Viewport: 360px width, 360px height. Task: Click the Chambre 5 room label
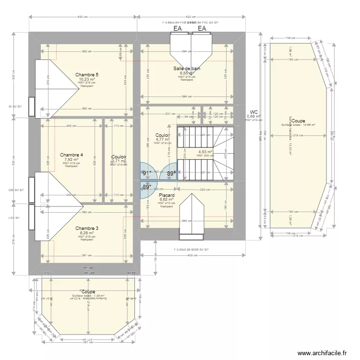tap(87, 75)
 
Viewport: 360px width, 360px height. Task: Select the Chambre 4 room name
tap(72, 155)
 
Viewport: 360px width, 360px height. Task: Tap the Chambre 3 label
tap(87, 228)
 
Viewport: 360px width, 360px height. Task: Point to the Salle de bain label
tap(187, 69)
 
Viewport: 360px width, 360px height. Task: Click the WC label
tap(254, 112)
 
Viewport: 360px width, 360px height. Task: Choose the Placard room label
tap(167, 195)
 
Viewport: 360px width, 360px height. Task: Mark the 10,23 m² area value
tap(87, 80)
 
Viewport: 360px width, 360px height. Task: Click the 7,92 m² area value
tap(72, 160)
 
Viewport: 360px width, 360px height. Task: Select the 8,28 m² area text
tap(87, 233)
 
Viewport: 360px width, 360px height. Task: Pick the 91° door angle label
tap(147, 173)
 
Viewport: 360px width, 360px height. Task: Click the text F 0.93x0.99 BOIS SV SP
tap(192, 250)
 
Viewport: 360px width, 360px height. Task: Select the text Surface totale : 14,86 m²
tap(298, 125)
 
